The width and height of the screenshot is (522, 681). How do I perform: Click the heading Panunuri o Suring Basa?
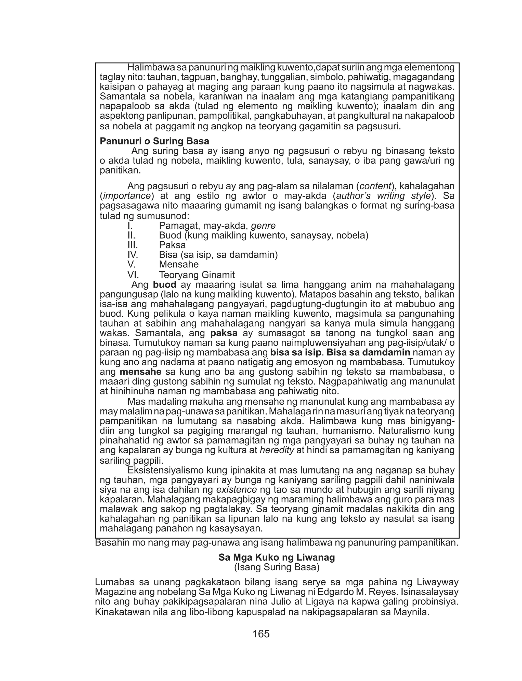pyautogui.click(x=154, y=142)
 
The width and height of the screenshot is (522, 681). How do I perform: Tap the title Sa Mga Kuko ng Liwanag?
pyautogui.click(x=277, y=557)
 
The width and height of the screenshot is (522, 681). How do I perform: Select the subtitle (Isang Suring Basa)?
pyautogui.click(x=277, y=567)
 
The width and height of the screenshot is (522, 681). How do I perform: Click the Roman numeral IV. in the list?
pyautogui.click(x=133, y=255)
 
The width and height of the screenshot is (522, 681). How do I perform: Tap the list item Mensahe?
pyautogui.click(x=179, y=265)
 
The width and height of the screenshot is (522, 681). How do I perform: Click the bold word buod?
pyautogui.click(x=164, y=284)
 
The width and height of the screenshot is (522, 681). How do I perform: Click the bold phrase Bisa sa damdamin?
pyautogui.click(x=368, y=352)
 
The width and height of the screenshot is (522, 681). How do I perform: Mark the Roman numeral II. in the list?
pyautogui.click(x=132, y=236)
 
